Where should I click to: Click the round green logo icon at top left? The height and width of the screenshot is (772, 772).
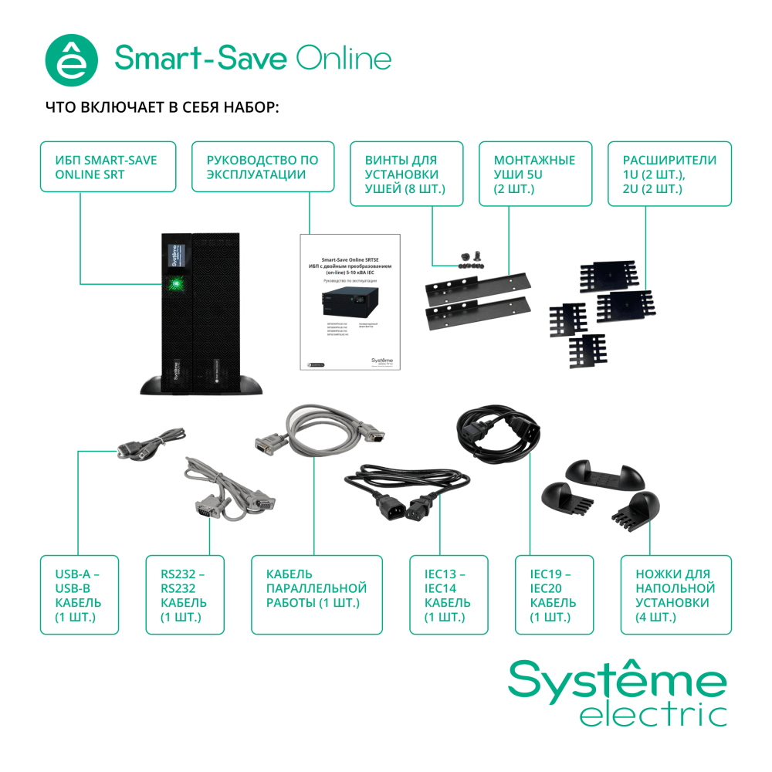coord(73,59)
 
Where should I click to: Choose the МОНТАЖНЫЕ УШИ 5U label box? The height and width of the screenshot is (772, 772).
coord(535,174)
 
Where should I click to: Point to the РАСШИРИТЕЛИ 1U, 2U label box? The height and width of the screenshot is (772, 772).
coord(669,174)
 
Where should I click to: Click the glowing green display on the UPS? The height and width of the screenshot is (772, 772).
coord(175,283)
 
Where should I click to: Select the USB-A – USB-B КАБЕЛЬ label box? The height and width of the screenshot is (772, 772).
coord(80,594)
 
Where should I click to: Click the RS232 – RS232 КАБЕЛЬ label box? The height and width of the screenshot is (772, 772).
coord(185,594)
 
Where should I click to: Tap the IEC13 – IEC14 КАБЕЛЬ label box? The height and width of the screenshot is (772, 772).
coord(449,594)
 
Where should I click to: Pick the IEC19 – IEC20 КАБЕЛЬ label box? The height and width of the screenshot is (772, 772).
coord(554,594)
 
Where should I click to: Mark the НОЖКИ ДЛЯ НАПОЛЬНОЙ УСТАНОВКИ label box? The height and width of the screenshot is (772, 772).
coord(676,594)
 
